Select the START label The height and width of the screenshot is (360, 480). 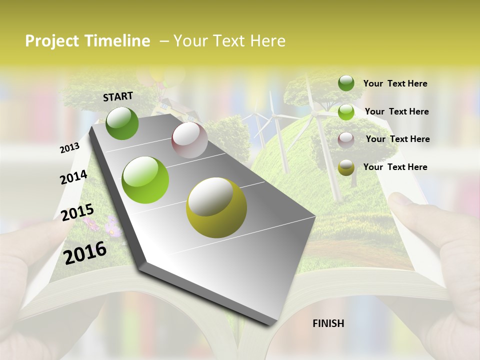click(x=118, y=96)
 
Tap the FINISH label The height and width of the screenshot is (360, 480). click(x=328, y=323)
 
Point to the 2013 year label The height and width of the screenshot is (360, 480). click(x=69, y=147)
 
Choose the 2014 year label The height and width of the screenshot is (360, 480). click(x=73, y=177)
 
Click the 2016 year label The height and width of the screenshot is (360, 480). click(x=85, y=252)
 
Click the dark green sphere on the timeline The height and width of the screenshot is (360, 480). click(x=122, y=123)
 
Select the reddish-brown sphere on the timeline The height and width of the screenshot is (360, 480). click(x=189, y=140)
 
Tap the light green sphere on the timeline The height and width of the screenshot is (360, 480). click(x=145, y=179)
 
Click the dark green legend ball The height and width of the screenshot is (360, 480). click(x=346, y=83)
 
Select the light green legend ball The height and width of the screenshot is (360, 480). click(x=346, y=112)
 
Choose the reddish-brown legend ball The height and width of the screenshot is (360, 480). click(x=346, y=139)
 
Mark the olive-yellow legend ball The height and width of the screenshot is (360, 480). click(x=346, y=167)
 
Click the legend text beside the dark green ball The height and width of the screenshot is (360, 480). click(x=395, y=83)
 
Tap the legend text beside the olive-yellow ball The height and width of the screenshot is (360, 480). click(x=395, y=167)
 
